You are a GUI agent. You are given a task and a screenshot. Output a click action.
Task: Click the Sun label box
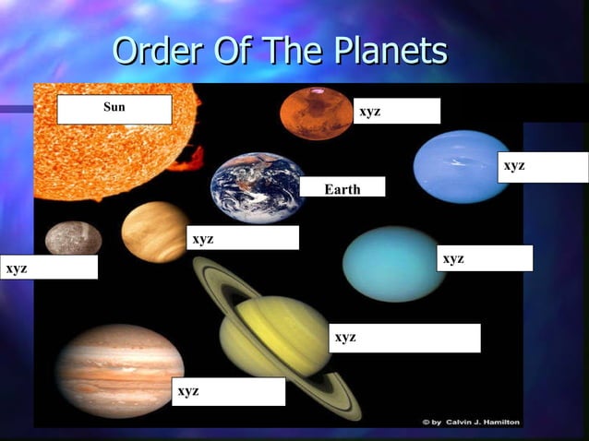tap(114, 109)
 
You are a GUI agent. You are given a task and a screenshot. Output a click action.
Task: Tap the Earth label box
tap(342, 187)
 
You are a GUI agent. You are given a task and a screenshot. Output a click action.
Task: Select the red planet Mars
tap(317, 113)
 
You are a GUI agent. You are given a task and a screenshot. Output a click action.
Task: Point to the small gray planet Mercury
tap(73, 239)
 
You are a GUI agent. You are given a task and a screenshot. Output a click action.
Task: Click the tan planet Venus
tap(155, 232)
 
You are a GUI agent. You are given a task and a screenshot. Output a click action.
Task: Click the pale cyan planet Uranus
tap(394, 263)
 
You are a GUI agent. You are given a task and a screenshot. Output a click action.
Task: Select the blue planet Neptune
tap(462, 167)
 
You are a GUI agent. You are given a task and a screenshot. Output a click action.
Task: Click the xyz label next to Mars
tap(397, 111)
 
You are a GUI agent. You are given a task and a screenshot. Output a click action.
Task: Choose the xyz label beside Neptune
tap(543, 167)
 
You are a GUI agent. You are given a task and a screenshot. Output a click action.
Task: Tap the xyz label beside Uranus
tap(485, 258)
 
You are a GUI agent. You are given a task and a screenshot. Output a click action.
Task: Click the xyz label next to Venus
tap(243, 238)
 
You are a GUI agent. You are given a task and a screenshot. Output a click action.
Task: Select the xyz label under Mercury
tap(48, 268)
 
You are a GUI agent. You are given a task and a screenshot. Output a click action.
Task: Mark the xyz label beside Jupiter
tap(228, 391)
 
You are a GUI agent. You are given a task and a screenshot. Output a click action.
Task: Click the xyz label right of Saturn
tap(404, 338)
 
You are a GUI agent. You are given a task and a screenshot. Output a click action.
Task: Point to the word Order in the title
tap(157, 51)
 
